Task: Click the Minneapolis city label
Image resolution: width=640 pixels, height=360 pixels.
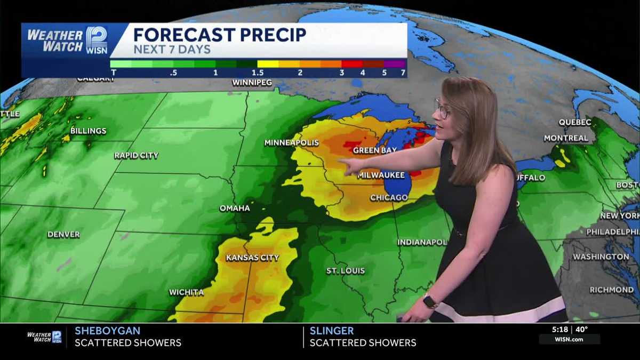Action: tap(292, 143)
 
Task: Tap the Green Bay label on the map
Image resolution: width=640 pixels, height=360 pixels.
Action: tap(374, 150)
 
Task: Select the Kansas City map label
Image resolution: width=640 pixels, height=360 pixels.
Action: tap(252, 258)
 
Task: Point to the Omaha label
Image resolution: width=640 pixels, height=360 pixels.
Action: tap(235, 208)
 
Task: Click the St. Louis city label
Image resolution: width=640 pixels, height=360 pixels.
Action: tap(346, 271)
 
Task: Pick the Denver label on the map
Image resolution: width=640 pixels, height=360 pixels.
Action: tap(63, 234)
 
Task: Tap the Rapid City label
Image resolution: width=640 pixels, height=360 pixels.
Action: tap(136, 156)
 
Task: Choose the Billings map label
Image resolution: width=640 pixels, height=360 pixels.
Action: tap(88, 131)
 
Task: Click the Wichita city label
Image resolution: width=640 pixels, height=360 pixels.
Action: tap(186, 292)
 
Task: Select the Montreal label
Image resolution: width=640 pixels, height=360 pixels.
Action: tap(566, 138)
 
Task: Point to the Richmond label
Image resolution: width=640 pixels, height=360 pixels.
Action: tap(611, 290)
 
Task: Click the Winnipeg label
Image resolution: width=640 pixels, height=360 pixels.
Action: tap(252, 83)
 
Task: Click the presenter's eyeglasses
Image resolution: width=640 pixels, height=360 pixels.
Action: tap(442, 110)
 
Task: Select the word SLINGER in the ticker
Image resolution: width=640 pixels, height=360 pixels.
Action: tap(331, 331)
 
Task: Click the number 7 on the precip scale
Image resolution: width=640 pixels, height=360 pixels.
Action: tap(403, 72)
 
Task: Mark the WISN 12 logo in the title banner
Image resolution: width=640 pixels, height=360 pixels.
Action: tap(97, 40)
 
